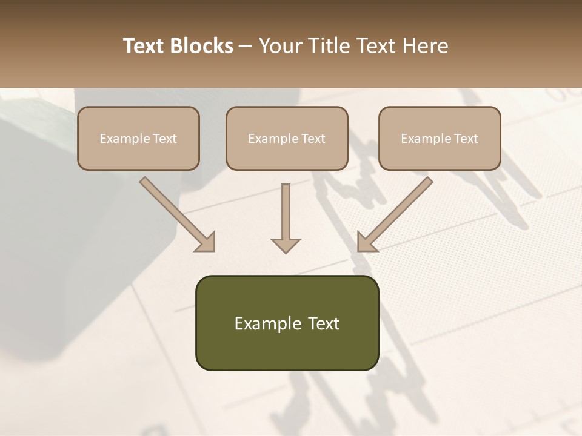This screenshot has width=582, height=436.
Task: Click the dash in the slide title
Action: pyautogui.click(x=246, y=47)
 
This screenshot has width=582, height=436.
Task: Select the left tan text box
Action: pyautogui.click(x=138, y=138)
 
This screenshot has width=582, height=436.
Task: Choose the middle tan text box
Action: pyautogui.click(x=287, y=138)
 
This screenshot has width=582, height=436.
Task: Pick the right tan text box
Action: pyautogui.click(x=440, y=138)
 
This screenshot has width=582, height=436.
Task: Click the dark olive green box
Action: pyautogui.click(x=287, y=323)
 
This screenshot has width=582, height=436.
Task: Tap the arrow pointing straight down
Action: pyautogui.click(x=286, y=218)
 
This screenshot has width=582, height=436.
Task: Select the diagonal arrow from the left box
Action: pyautogui.click(x=178, y=214)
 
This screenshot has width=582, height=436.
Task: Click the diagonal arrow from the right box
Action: pyautogui.click(x=395, y=214)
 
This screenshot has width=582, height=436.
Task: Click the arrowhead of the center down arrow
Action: pyautogui.click(x=286, y=245)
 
